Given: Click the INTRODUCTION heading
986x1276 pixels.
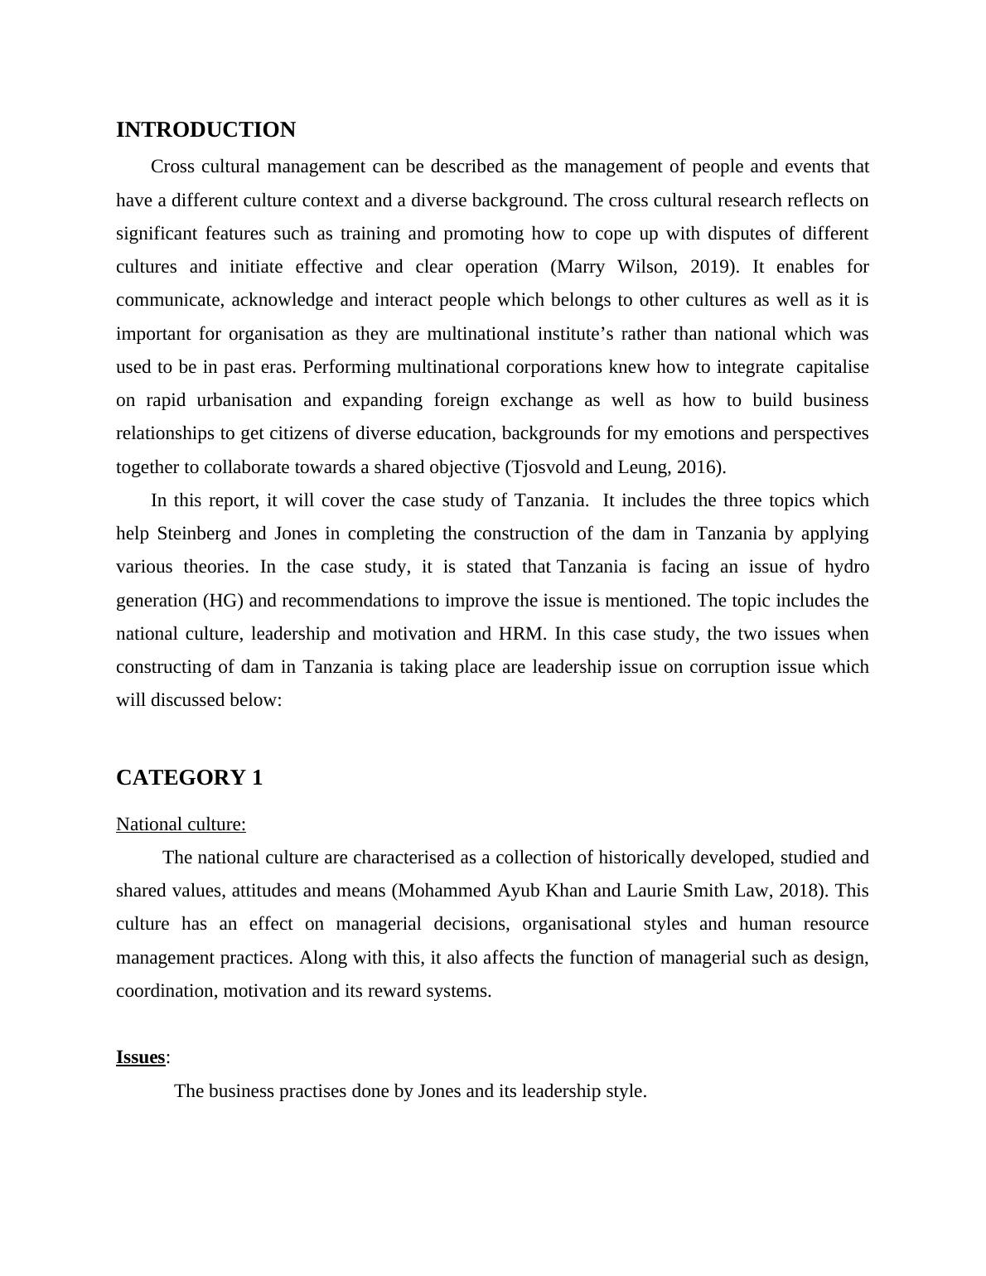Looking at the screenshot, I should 205,130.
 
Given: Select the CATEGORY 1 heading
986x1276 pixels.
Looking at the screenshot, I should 189,778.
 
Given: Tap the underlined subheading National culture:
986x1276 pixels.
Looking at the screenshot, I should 181,824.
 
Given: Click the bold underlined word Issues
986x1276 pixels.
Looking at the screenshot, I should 140,1057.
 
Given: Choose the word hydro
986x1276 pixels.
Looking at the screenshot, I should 847,567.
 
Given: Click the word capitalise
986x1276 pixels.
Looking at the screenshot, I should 832,367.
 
